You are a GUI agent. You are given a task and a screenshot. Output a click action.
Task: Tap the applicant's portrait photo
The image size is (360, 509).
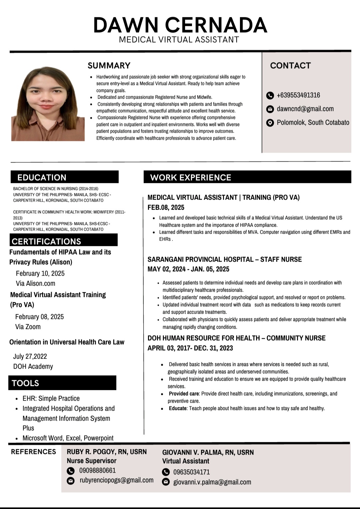tap(48, 104)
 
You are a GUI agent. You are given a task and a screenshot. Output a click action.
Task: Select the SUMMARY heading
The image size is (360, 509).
tap(109, 65)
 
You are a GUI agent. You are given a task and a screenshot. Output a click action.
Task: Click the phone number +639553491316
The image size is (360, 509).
tap(298, 95)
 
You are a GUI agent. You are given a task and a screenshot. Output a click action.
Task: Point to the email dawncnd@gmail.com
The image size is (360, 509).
tap(305, 109)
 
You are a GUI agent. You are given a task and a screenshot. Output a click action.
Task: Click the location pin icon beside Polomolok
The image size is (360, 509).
tap(270, 123)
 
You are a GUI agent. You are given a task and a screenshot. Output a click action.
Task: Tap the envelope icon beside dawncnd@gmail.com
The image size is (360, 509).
tap(270, 109)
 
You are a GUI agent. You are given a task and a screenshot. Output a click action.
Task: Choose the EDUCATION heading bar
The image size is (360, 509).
tap(65, 177)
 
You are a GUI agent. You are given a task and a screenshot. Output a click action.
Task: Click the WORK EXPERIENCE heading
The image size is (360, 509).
tap(191, 177)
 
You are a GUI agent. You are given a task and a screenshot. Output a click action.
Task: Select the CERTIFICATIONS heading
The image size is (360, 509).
tap(46, 241)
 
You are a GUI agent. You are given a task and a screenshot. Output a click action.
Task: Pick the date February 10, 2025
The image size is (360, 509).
tap(40, 273)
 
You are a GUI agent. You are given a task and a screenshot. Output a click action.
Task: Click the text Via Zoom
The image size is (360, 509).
tap(28, 327)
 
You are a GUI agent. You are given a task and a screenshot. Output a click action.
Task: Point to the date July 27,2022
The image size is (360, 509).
tap(30, 356)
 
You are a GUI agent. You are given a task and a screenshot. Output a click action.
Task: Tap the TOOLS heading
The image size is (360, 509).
tap(25, 383)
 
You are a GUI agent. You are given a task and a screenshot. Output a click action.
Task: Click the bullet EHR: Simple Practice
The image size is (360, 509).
tap(51, 398)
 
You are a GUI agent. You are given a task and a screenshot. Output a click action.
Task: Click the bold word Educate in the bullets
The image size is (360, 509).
tap(178, 408)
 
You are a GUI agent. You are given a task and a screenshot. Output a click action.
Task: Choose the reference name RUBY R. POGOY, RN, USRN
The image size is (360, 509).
tap(107, 452)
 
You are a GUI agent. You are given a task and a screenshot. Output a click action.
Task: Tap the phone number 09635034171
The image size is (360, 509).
tap(191, 472)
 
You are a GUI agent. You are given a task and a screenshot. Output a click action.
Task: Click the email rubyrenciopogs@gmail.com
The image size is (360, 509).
tap(116, 480)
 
